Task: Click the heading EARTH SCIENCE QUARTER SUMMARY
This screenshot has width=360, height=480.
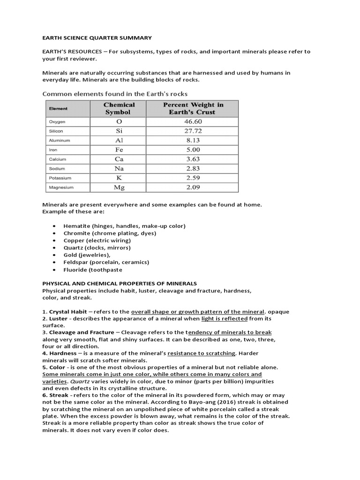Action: [97, 37]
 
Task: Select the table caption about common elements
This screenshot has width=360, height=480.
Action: [115, 94]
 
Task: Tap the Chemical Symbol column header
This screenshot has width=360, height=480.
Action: [119, 109]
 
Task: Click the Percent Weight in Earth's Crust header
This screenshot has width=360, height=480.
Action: [193, 109]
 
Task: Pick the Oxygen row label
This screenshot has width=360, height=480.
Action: [57, 122]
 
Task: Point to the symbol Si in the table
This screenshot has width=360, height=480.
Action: [119, 131]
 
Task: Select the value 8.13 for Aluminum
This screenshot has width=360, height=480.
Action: [193, 140]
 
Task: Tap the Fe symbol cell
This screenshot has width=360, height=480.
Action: [119, 150]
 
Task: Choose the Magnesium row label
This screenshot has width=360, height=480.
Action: [61, 187]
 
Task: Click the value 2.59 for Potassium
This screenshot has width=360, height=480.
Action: [193, 178]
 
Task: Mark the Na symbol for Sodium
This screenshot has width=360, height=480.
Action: [119, 168]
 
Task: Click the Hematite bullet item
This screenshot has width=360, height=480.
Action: [125, 226]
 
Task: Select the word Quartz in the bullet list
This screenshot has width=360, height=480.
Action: [74, 247]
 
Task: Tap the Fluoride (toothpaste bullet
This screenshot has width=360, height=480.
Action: [93, 270]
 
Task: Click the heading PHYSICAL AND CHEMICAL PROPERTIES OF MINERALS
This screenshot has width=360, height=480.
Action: [120, 284]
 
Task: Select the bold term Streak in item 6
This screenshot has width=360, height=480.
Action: [60, 395]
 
